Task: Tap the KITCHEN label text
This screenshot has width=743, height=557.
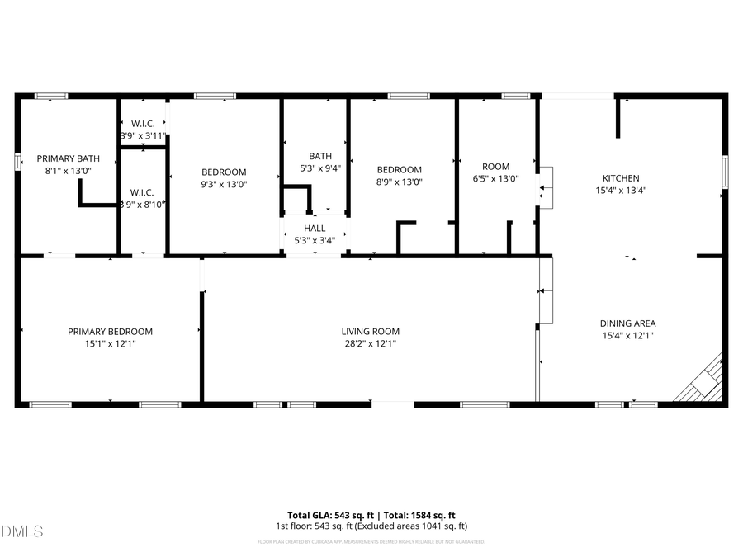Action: coord(620,178)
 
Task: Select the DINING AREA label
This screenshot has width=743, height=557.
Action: coord(628,323)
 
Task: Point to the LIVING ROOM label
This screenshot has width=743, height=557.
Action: coord(371,332)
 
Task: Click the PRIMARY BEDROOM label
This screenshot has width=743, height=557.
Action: coord(110,332)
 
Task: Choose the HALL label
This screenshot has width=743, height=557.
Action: coord(315,229)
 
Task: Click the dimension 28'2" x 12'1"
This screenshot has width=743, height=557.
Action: coord(371,343)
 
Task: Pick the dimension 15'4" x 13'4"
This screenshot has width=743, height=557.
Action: coord(620,190)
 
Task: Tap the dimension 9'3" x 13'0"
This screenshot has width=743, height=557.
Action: coord(224,184)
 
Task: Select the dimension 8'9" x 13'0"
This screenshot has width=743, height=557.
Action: coord(400,182)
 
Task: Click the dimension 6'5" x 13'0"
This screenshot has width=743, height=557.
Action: coord(496,178)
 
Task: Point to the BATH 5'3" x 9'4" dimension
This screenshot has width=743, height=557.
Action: coord(320,168)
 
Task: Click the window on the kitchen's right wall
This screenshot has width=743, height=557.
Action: coord(725,171)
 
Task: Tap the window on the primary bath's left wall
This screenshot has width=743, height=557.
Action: coord(17,161)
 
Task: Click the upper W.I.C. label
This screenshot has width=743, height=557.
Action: coord(143,124)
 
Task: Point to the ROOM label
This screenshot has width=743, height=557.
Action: coord(496,167)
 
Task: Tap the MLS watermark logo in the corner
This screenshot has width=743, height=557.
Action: coord(22,531)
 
